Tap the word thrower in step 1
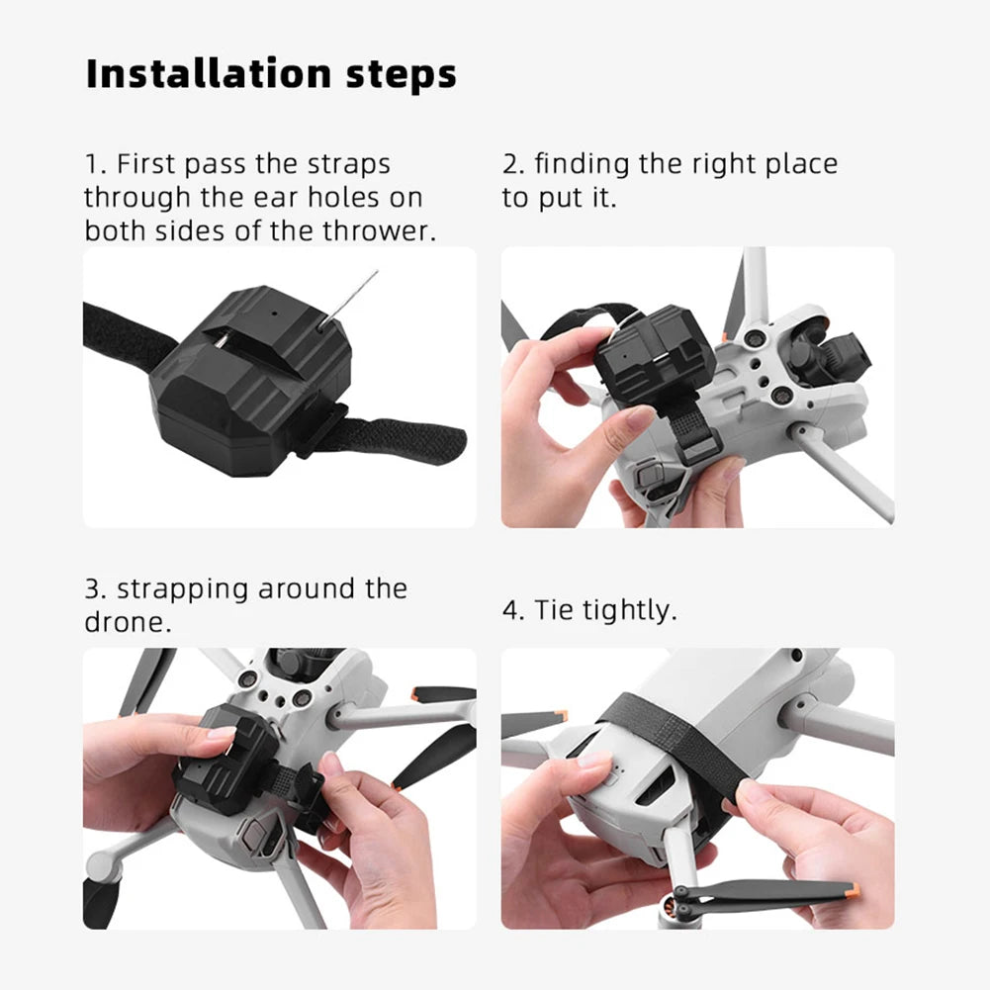tap(381, 230)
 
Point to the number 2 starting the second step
tap(510, 164)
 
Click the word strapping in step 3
tap(182, 590)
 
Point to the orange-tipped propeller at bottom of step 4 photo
tap(771, 893)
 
